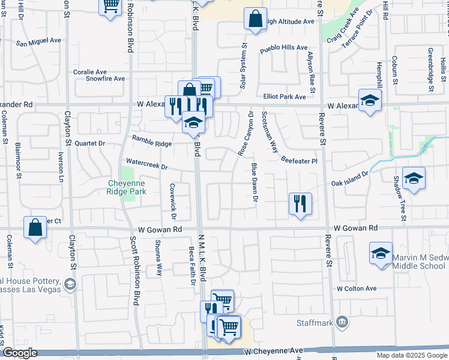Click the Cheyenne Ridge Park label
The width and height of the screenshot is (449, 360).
pyautogui.click(x=126, y=187)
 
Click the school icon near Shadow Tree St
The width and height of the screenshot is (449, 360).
pyautogui.click(x=413, y=179)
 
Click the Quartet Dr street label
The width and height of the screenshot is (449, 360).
pyautogui.click(x=89, y=143)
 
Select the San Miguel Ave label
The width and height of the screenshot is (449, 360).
pyautogui.click(x=38, y=43)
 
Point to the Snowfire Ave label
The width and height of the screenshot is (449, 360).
pyautogui.click(x=105, y=78)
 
